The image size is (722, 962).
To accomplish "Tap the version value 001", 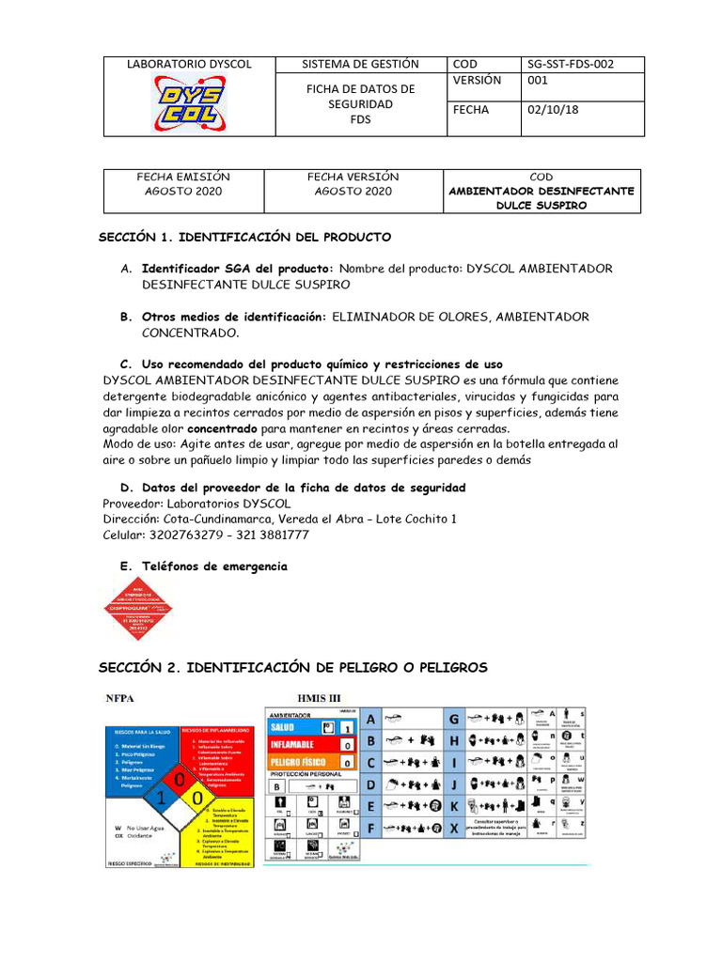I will point(537,81).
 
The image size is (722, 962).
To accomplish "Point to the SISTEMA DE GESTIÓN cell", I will point(360,64).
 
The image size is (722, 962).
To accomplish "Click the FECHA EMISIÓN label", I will point(183,177).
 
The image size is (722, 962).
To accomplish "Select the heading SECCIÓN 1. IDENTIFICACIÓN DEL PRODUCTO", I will point(245,237).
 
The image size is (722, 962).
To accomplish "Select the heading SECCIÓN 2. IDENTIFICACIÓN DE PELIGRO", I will point(293,667).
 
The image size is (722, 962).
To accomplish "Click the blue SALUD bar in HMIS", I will point(294,727).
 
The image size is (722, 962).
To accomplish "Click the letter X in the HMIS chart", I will point(453,828).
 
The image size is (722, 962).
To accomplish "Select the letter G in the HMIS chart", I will point(453,719).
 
